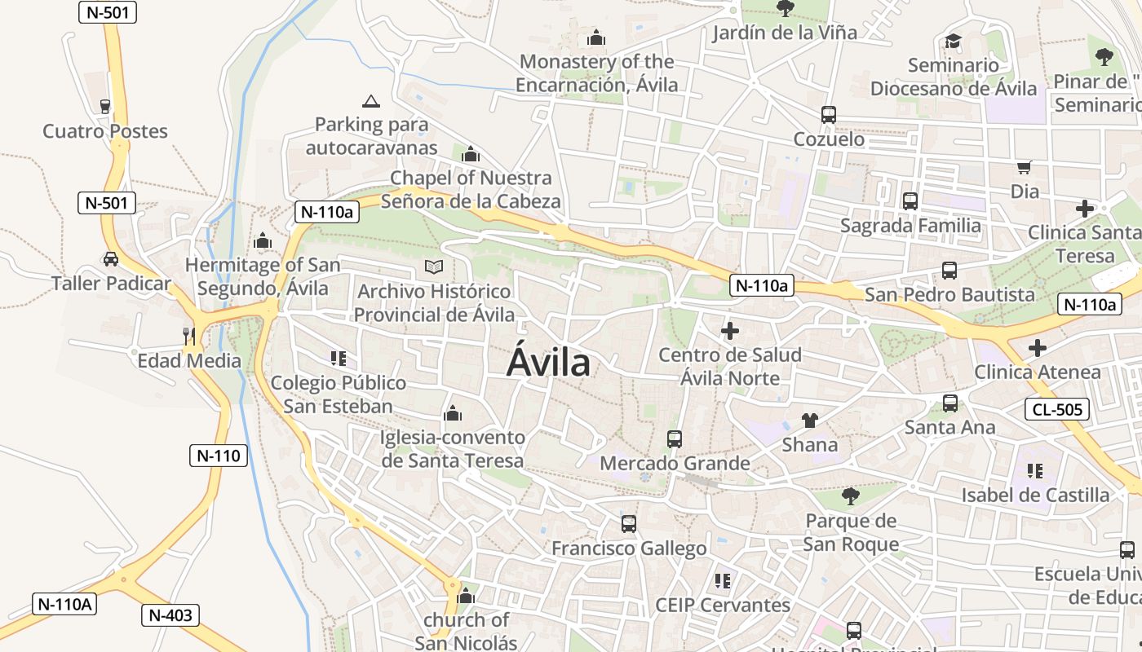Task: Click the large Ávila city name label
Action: [548, 363]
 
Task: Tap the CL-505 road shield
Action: [1057, 409]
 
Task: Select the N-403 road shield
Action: [170, 615]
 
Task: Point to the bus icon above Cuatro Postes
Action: [104, 106]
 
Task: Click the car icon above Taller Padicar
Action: [110, 259]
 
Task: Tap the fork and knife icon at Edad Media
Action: [189, 336]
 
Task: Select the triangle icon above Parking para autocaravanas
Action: [371, 102]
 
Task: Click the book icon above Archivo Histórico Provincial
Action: [434, 267]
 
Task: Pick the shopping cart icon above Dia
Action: [1025, 167]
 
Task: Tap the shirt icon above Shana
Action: [809, 421]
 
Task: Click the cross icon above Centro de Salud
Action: [730, 331]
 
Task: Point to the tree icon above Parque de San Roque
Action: [850, 496]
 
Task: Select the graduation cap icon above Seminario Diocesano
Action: [953, 41]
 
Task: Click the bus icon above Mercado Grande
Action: [675, 438]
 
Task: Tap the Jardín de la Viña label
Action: [785, 33]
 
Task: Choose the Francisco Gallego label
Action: [629, 548]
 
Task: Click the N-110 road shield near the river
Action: [219, 455]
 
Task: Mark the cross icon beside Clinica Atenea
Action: [1037, 348]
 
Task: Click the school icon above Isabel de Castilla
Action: [1035, 470]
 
